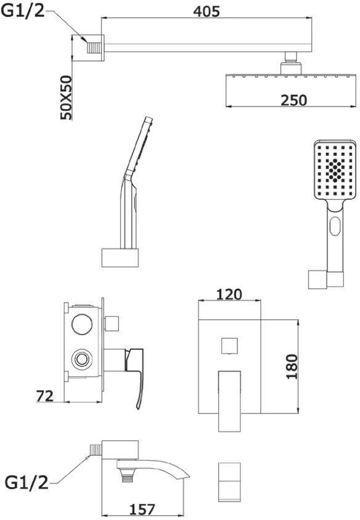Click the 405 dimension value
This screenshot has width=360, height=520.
(207, 11)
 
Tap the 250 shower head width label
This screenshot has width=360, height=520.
(294, 100)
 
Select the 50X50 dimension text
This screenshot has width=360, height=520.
(66, 97)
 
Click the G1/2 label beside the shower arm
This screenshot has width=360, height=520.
(23, 11)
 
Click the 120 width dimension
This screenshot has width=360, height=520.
(229, 294)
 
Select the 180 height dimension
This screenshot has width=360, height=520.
(292, 367)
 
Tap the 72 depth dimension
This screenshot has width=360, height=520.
(45, 396)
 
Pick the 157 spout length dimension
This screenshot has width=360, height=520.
(142, 510)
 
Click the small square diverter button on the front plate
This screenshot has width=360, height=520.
(229, 346)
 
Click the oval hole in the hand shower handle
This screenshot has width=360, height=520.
(335, 226)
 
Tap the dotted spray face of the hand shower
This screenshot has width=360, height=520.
(335, 171)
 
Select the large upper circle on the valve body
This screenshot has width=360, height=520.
(82, 323)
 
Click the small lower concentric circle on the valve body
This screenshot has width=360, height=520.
(81, 359)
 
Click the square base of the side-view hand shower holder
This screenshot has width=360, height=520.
(120, 258)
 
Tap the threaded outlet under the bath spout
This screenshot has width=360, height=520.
(126, 475)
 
